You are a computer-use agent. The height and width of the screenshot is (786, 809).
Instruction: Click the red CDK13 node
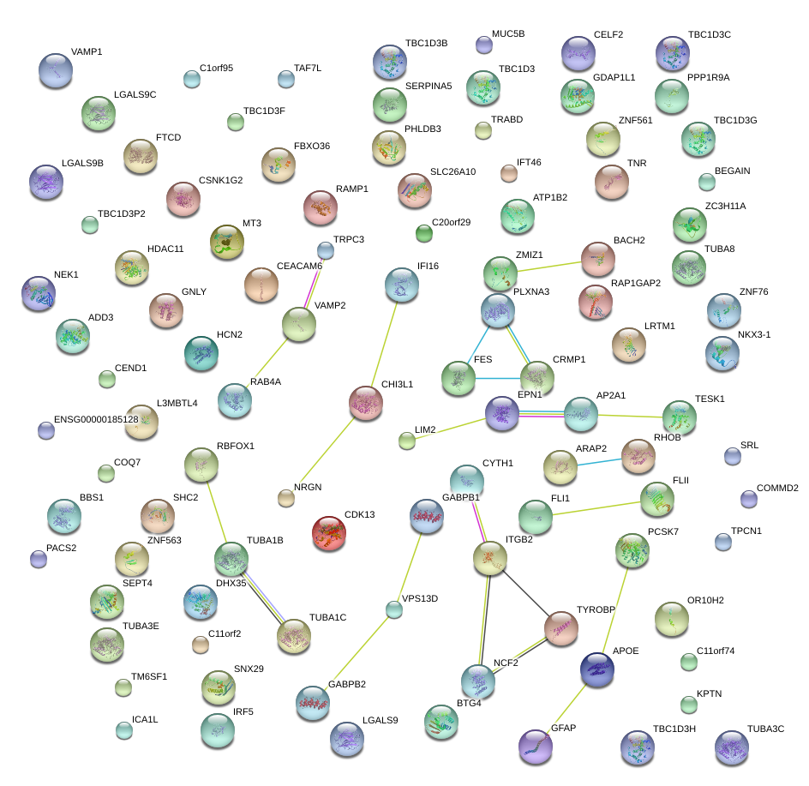(329, 532)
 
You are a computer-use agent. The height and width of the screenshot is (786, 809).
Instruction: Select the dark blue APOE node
(597, 670)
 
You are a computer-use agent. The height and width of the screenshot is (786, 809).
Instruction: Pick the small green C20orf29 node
(423, 232)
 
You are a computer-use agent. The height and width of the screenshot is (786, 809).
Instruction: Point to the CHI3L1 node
(366, 403)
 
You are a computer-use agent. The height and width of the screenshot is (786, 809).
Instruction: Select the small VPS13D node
(393, 609)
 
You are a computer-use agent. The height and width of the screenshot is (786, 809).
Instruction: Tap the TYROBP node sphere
(561, 628)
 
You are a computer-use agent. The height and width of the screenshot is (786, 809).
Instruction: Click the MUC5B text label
(508, 33)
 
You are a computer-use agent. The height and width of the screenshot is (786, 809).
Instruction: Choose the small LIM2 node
(407, 441)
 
